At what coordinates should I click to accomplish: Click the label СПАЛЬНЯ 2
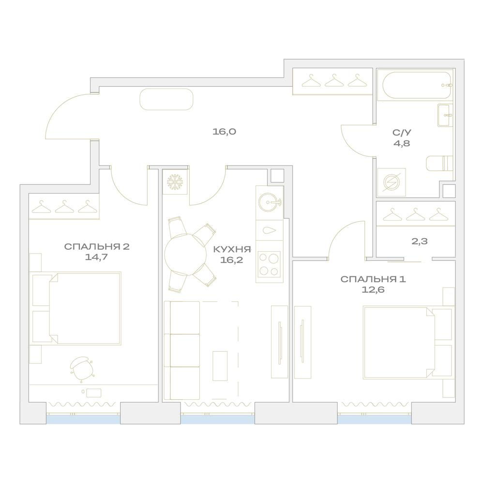pos(97,247)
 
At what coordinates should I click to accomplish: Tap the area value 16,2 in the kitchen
pos(231,260)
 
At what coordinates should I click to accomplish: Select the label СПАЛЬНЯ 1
pos(373,279)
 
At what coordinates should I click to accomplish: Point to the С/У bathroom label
pos(402,133)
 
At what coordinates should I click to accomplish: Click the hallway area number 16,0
pos(225,132)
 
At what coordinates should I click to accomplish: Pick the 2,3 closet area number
pos(420,241)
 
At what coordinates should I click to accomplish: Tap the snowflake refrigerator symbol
pos(175,182)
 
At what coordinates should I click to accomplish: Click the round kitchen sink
pos(269,202)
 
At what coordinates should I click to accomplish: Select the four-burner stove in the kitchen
pos(269,264)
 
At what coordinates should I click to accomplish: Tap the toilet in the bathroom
pos(439,163)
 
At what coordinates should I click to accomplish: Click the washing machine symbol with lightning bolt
pos(392,182)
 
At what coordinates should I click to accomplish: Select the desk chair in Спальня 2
pos(82,369)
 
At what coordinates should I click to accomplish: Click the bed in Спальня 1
pos(407,342)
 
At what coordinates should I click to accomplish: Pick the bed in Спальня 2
pos(76,308)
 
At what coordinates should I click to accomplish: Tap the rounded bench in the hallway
pos(166,99)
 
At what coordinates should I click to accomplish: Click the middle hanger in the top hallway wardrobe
pos(334,80)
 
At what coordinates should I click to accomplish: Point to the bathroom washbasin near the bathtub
pos(445,115)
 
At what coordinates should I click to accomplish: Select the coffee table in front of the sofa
pos(220,366)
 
